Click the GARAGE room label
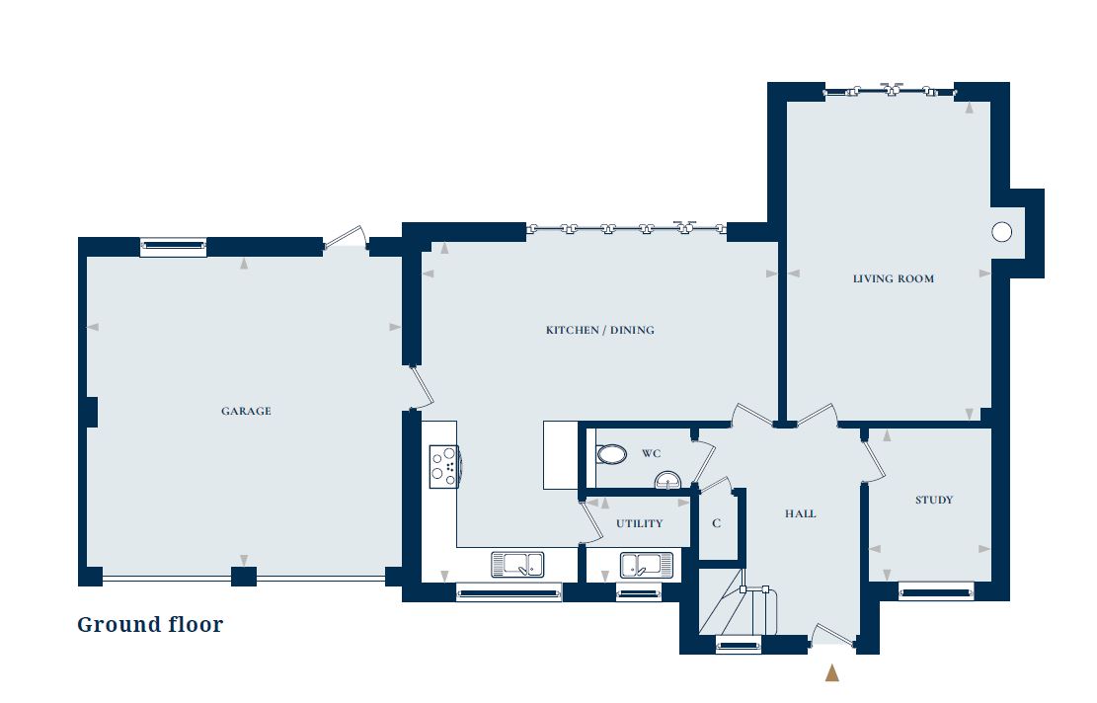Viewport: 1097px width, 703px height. point(246,411)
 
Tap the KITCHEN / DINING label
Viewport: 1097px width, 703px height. point(600,330)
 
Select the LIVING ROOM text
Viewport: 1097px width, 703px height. point(894,278)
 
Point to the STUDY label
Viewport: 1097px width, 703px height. point(933,500)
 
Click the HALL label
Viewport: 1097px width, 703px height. point(801,513)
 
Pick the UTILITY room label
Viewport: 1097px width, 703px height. point(639,523)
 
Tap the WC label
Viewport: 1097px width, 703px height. point(651,454)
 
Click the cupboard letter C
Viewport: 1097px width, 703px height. point(717,523)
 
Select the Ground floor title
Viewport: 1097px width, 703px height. point(150,624)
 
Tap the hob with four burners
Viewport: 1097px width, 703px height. point(443,466)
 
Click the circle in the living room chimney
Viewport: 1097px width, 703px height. point(1001,232)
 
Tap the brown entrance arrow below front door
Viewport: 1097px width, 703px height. point(831,672)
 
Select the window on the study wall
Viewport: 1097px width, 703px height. point(935,592)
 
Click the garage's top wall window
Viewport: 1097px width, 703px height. point(174,247)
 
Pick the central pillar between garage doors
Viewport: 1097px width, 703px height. point(244,577)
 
